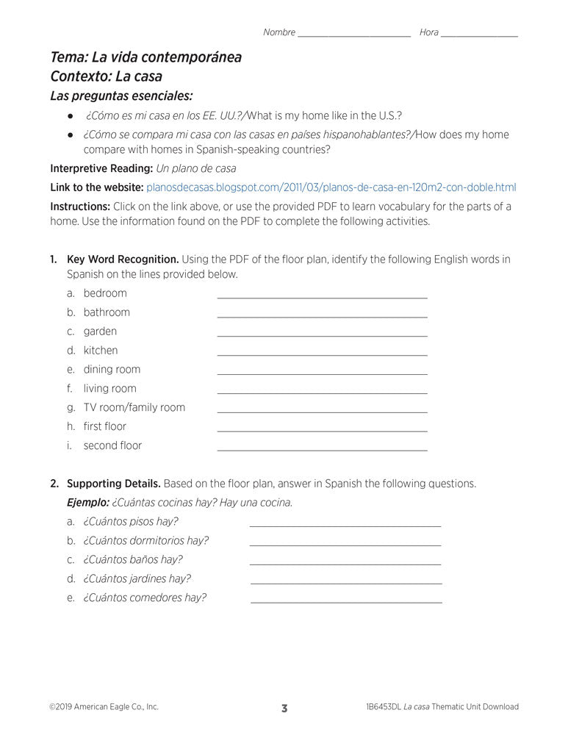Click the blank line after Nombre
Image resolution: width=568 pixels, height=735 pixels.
point(354,35)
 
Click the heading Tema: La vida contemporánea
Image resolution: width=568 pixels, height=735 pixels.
point(145,57)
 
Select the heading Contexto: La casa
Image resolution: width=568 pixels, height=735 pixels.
point(106,76)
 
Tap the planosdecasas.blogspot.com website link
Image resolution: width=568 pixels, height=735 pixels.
point(331,187)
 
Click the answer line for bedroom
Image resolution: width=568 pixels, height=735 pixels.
point(322,296)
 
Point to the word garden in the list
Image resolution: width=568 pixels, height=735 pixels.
point(100,331)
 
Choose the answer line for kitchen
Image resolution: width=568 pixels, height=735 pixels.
point(322,354)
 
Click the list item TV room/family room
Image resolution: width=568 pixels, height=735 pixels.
point(134,407)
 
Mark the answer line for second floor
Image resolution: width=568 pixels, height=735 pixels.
point(322,448)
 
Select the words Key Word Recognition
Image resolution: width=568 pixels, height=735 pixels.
point(123,259)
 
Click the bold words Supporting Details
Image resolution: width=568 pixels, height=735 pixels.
point(114,484)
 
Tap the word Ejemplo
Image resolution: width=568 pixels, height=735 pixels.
point(87,503)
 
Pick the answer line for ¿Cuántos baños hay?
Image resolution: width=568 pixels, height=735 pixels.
point(345,563)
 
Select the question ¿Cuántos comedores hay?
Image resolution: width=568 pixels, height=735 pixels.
point(145,598)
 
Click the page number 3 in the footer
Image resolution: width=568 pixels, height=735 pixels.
point(284,708)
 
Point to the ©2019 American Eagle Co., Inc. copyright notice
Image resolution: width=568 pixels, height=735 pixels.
point(104,707)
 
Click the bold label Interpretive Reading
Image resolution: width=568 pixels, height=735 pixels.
point(101,168)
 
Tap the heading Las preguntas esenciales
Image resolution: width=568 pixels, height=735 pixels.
point(121,96)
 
